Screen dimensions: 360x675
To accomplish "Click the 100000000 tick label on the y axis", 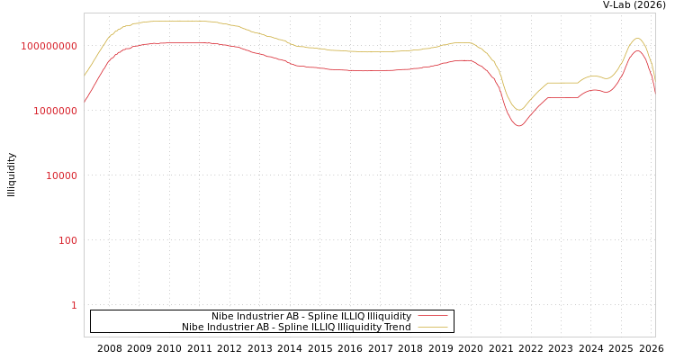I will [x=49, y=46].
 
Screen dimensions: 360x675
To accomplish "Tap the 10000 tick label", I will [x=61, y=175].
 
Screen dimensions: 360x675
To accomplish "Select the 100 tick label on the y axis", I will [x=68, y=240].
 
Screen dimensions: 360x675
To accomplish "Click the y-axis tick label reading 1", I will [x=74, y=305].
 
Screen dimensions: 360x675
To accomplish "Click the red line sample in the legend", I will [x=432, y=317].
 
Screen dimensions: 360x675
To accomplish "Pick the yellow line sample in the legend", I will [x=432, y=328].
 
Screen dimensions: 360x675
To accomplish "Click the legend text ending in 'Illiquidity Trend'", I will [x=296, y=328].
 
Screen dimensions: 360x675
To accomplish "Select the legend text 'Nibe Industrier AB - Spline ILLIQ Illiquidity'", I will [x=310, y=317].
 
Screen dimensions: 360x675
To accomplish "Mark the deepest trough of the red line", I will [x=518, y=126].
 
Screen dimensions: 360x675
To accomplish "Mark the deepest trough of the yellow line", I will [x=518, y=110].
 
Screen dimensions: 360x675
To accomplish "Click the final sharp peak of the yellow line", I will [x=637, y=38].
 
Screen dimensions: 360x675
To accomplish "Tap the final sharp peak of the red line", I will [x=637, y=50].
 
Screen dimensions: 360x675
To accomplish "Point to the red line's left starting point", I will [x=85, y=102].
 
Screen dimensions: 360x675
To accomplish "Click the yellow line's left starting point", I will [x=85, y=76].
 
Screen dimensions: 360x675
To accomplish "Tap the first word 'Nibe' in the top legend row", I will [x=222, y=317].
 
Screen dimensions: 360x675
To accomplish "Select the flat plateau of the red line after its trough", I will [x=562, y=97].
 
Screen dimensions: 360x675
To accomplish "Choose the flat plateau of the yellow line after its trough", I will [x=562, y=82].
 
